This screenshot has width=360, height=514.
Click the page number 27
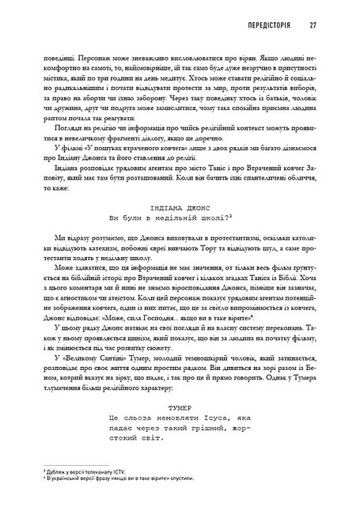[x=313, y=25]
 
